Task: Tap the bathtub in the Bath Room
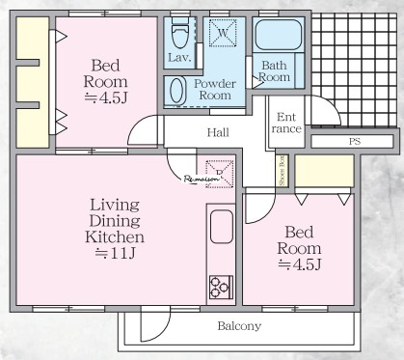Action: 279,35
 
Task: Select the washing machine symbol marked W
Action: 223,33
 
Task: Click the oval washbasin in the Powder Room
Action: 177,91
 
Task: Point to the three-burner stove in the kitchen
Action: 221,288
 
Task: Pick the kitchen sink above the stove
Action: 222,227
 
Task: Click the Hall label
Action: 218,132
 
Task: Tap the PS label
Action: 355,141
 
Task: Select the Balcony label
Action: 239,326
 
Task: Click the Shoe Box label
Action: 282,171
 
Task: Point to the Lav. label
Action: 179,58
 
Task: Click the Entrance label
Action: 286,123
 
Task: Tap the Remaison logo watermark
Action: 202,180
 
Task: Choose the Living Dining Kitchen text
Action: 115,221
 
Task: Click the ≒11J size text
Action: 115,254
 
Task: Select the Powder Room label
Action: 215,90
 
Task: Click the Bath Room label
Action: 274,71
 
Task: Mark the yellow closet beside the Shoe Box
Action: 324,171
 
